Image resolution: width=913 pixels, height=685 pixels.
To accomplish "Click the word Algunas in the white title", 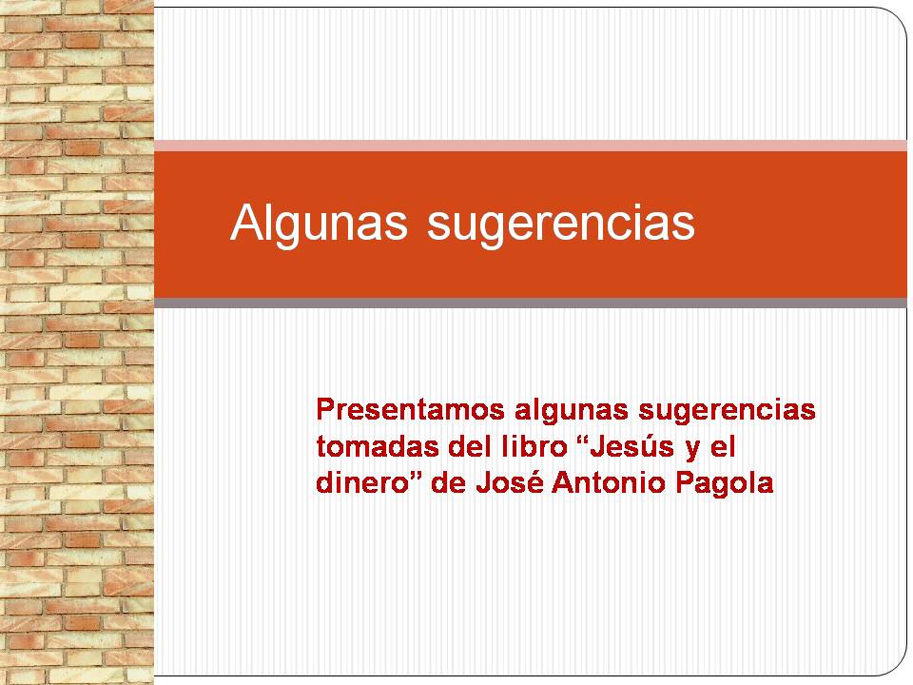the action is click(x=319, y=222).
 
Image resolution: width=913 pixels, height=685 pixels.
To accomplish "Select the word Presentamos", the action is click(x=410, y=409).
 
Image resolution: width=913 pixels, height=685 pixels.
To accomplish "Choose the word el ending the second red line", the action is click(x=723, y=447).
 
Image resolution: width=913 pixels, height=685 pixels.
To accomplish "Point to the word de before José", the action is click(x=448, y=483).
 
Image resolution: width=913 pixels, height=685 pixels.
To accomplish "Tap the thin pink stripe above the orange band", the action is click(x=531, y=146).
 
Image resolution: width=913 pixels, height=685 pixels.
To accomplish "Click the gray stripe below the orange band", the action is click(x=531, y=303).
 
